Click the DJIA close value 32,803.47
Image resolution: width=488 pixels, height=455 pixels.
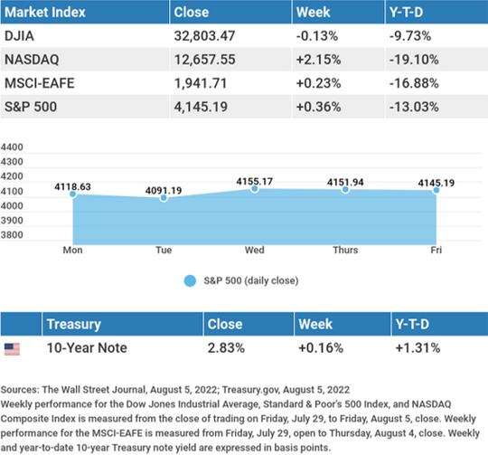[x=204, y=36]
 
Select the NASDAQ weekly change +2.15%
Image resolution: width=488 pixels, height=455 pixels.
[x=318, y=60]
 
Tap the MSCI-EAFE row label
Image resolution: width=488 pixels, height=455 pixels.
[x=40, y=83]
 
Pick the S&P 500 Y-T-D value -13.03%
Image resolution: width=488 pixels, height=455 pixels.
[x=414, y=107]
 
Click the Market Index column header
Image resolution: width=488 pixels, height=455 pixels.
[x=45, y=12]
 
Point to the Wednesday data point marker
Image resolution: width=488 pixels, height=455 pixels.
[x=255, y=189]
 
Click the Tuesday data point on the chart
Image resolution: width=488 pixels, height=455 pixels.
[x=164, y=198]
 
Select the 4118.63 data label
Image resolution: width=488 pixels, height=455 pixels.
[x=72, y=186]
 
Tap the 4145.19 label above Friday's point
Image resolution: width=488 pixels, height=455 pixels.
[x=436, y=183]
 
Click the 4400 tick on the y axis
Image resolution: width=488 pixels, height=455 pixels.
[x=12, y=147]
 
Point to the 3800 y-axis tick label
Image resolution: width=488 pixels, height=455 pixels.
[x=12, y=235]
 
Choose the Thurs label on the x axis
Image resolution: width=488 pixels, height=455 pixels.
[x=345, y=250]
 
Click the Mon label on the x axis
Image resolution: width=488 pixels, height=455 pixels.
[x=73, y=250]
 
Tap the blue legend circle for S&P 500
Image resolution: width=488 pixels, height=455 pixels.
[x=190, y=281]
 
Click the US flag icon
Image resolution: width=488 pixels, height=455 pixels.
[x=12, y=349]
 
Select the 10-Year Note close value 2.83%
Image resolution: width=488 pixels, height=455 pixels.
[x=226, y=348]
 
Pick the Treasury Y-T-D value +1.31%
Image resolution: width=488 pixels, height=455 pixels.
[x=418, y=348]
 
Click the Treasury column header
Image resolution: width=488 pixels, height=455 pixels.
[x=74, y=324]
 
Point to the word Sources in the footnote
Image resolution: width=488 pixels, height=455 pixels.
[x=20, y=390]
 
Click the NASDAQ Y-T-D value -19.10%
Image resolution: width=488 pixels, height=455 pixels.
[x=414, y=60]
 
